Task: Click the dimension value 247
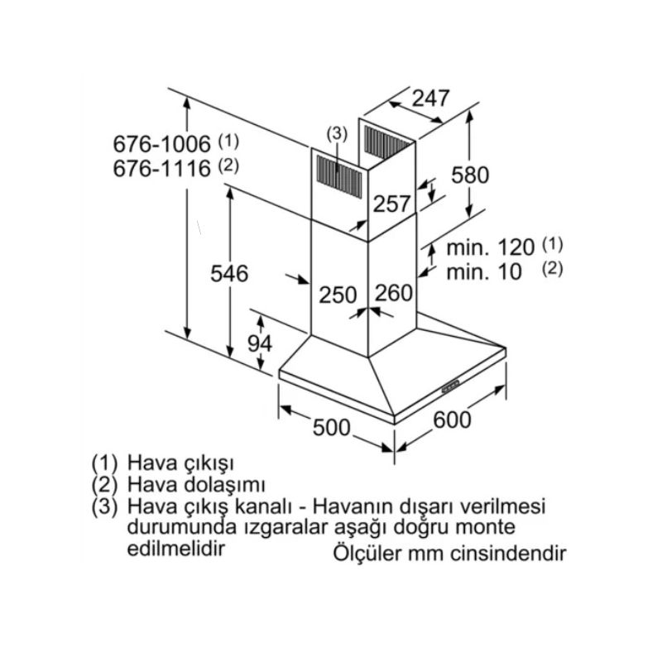coord(430,98)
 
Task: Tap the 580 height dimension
coord(470,175)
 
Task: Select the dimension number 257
coord(390,204)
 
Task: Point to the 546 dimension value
coord(229,274)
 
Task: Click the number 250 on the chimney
coord(338,294)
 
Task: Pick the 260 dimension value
coord(392,293)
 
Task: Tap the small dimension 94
coord(259,343)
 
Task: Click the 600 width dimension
coord(452,420)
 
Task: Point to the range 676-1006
coord(162,142)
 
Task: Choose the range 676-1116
coord(162,168)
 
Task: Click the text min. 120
coord(492,247)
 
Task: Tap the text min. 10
coord(485,271)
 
